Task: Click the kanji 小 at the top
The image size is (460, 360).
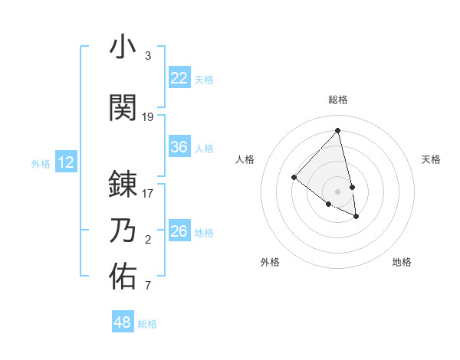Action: [123, 47]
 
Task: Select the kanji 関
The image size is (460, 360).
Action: [123, 108]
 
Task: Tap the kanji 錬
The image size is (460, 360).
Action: [123, 185]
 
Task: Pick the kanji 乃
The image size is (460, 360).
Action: [123, 231]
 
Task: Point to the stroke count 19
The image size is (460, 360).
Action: [148, 117]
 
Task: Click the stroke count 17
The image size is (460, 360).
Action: [148, 194]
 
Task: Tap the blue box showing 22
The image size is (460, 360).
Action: [179, 78]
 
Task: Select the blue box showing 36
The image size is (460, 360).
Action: [179, 147]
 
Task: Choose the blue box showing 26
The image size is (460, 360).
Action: [179, 231]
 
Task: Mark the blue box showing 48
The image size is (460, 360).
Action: [122, 322]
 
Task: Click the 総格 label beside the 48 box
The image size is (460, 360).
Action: [147, 324]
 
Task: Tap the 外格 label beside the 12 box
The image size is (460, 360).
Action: [41, 163]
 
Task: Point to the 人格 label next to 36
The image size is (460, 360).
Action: [204, 148]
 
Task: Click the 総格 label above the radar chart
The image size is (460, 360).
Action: [338, 100]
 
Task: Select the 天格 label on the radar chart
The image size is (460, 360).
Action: [432, 159]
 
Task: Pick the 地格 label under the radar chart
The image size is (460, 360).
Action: [402, 263]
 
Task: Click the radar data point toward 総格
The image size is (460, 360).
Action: [337, 130]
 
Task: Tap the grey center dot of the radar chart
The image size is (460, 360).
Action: [337, 190]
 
